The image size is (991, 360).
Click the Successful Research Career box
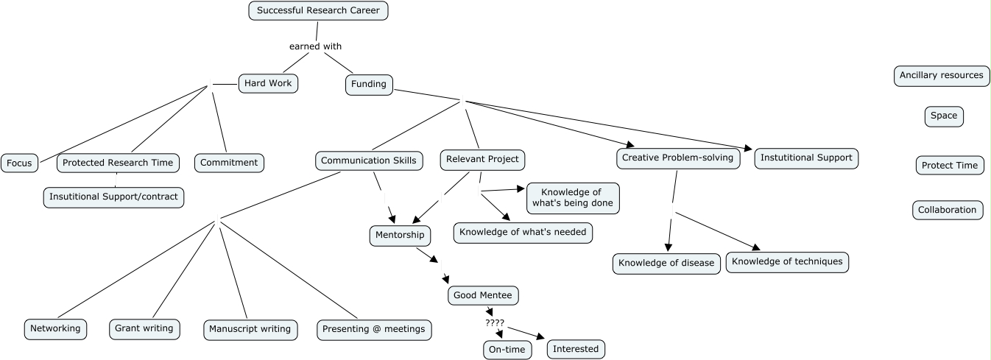tap(318, 11)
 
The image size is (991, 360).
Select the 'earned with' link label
tap(315, 46)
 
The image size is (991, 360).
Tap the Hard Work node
tap(268, 83)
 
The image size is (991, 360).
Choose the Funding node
tap(369, 84)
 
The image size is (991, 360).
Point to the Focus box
tap(19, 163)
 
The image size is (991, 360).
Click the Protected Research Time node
tap(118, 163)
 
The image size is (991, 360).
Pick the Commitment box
tap(229, 163)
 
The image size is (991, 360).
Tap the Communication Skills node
tap(370, 160)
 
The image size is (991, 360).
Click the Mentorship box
tap(400, 235)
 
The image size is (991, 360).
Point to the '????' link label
tap(495, 323)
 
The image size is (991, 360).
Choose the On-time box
tap(507, 350)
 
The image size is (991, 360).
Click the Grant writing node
tap(144, 328)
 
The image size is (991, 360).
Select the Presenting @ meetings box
tap(374, 329)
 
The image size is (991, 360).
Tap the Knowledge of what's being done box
tap(573, 198)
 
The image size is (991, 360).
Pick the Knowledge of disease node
tap(666, 263)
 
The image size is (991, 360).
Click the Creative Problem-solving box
tap(677, 158)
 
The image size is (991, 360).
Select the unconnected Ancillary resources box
tap(941, 75)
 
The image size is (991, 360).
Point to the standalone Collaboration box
tap(947, 210)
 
